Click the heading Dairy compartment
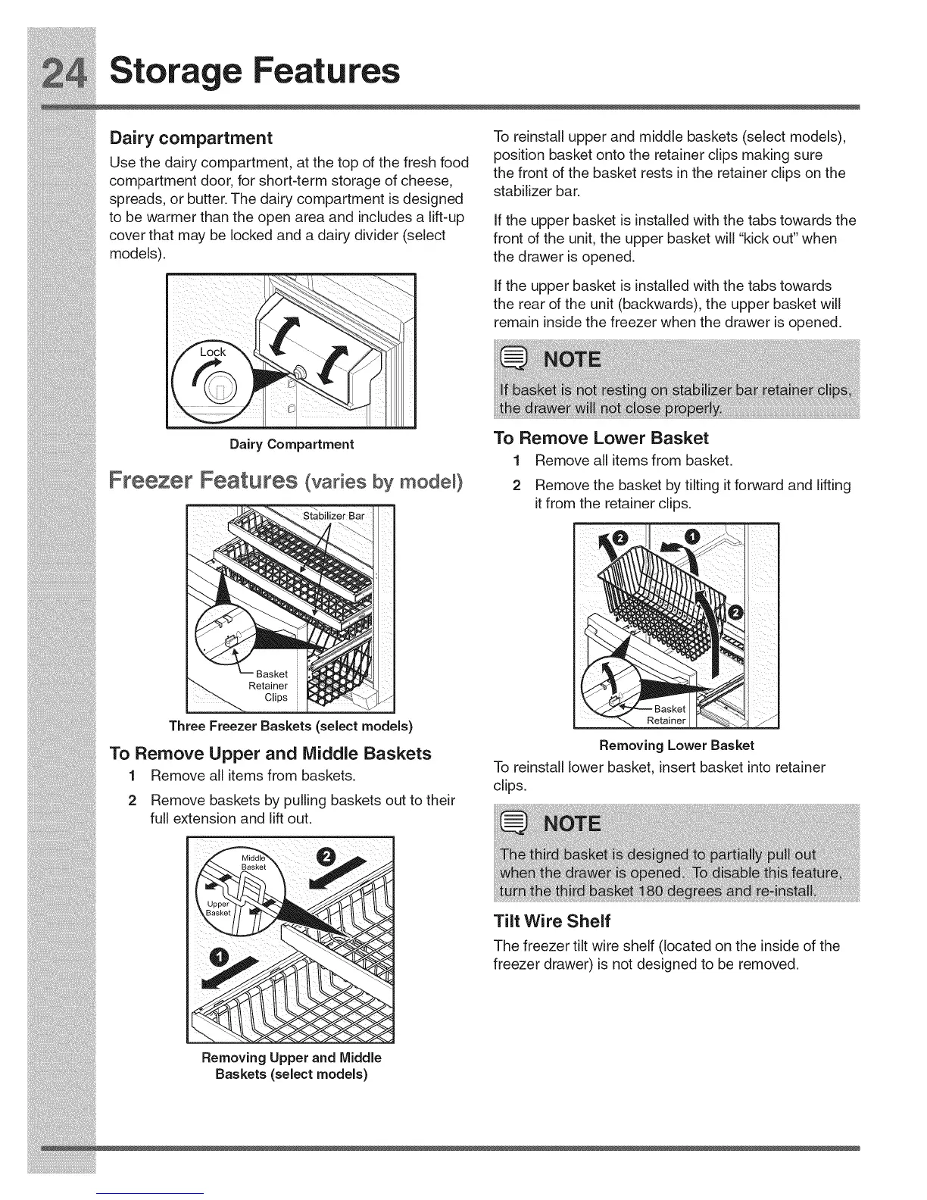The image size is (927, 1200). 190,138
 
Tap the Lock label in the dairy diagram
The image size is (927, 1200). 213,352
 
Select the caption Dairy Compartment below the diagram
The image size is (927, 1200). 292,444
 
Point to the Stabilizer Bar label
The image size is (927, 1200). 333,516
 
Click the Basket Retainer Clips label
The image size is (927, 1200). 270,686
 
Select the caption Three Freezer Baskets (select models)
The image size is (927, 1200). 291,726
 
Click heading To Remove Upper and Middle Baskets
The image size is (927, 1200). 270,753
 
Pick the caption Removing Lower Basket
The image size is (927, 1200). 676,745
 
